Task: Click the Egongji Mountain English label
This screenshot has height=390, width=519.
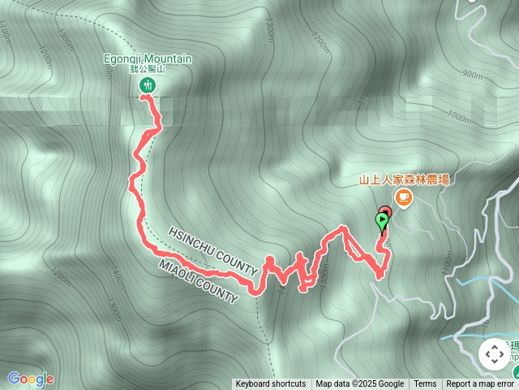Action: [148, 58]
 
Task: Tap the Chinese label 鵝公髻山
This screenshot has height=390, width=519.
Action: [148, 69]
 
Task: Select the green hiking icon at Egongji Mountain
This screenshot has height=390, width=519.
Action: [148, 84]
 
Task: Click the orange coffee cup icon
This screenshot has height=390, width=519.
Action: [403, 197]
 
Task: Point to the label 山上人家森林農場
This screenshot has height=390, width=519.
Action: [404, 180]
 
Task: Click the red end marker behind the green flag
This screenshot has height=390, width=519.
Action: [385, 213]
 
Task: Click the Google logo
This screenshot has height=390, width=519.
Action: [30, 379]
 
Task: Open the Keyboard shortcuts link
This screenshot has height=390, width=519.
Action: [271, 384]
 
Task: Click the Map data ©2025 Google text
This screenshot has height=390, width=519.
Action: [360, 384]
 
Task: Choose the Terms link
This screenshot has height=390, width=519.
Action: [425, 384]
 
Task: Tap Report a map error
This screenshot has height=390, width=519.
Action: [481, 384]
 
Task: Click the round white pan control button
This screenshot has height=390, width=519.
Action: [494, 354]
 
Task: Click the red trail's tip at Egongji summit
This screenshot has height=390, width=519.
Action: [143, 96]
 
